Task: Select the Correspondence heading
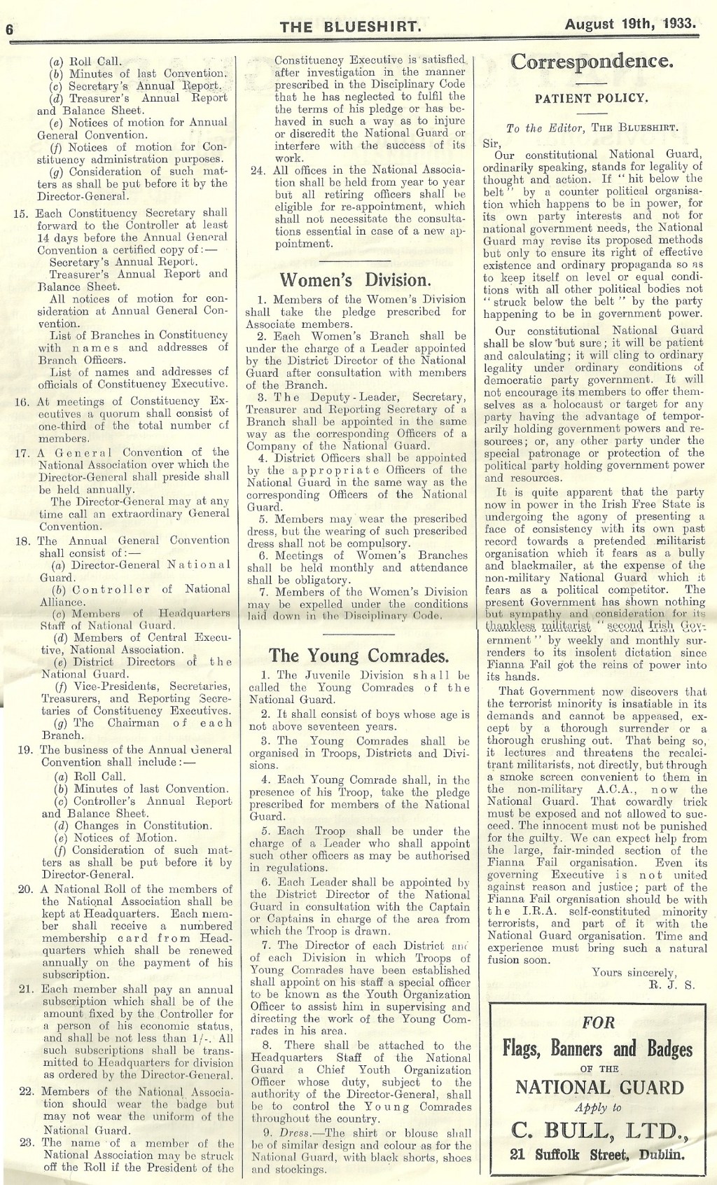592,62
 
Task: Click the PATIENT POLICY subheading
592,99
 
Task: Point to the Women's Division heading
355,280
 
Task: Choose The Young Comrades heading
358,656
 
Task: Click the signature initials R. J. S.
660,985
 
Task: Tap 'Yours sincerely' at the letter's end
634,973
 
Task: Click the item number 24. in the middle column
258,170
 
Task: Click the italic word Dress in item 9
293,1133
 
